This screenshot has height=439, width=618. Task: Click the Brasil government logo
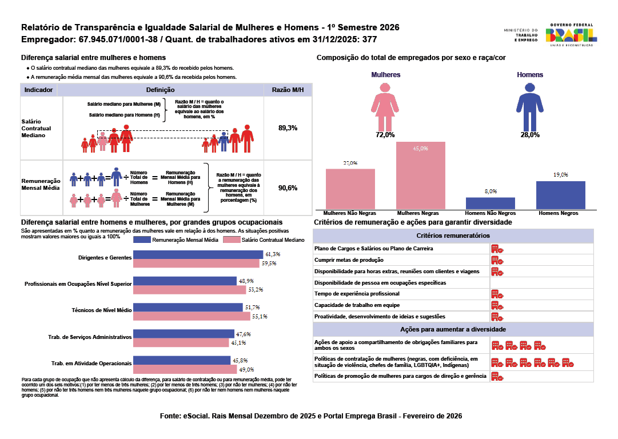[x=572, y=35]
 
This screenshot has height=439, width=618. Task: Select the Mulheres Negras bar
[x=421, y=175]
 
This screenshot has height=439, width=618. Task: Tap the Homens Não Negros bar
[x=491, y=203]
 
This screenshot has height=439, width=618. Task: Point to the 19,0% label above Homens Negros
[x=560, y=174]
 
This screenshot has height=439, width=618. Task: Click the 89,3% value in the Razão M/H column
[x=288, y=128]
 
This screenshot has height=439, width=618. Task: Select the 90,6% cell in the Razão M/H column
[x=288, y=188]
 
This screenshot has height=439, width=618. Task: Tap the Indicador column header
[x=39, y=90]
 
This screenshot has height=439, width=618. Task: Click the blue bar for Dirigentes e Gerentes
[x=198, y=254]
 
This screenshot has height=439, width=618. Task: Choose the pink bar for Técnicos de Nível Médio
[x=192, y=316]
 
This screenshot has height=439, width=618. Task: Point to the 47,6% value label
[x=244, y=334]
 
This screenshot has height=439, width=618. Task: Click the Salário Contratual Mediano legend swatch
[x=232, y=240]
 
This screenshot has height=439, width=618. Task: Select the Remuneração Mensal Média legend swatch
[x=142, y=240]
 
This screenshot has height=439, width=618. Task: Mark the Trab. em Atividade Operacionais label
[x=91, y=364]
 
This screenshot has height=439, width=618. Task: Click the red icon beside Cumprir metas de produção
[x=497, y=260]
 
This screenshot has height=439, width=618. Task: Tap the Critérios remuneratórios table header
[x=453, y=236]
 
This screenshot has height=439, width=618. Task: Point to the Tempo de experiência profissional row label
[x=357, y=294]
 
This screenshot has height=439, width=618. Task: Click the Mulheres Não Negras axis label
[x=350, y=213]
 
